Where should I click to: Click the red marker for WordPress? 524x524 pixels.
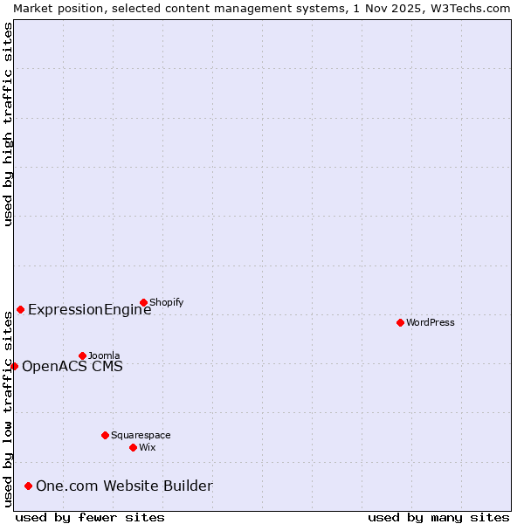point(400,322)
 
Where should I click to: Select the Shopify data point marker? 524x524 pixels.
point(143,302)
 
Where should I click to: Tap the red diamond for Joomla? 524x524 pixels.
point(82,355)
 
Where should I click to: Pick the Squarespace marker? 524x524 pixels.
point(105,435)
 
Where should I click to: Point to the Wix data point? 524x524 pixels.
point(133,447)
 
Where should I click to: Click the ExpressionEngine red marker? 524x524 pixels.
point(20,309)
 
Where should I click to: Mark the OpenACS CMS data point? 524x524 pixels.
point(14,366)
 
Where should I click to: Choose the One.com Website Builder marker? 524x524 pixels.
point(28,486)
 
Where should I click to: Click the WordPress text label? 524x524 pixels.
point(431,322)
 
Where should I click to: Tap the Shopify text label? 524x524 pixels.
point(166,302)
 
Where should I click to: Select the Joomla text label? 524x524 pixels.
point(104,355)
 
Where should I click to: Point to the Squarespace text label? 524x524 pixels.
point(141,435)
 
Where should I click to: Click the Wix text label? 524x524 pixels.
point(147,447)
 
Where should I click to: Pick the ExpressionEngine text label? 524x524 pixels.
point(89,309)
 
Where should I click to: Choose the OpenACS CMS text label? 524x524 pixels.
point(72,366)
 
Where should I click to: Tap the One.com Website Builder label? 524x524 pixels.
point(124,486)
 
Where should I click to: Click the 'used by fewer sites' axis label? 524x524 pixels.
point(90,517)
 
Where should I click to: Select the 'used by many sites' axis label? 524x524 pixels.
point(438,517)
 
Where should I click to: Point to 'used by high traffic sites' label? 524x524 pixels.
point(8,124)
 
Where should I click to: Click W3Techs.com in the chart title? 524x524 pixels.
point(469,8)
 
